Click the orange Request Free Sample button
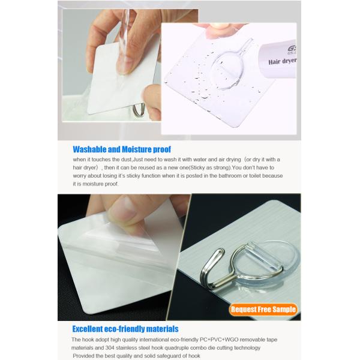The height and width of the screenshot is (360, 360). [x=263, y=309]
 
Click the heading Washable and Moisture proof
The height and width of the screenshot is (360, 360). [x=122, y=149]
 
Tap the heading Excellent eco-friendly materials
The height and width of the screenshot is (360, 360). [x=125, y=329]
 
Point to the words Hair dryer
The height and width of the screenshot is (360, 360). [x=283, y=61]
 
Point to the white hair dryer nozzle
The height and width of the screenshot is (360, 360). [x=278, y=61]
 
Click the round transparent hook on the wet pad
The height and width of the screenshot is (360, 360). [x=228, y=69]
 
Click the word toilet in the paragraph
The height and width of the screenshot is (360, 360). [x=255, y=176]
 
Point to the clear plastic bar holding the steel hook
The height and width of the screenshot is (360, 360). [x=264, y=257]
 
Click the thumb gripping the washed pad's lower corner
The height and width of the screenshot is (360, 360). [x=151, y=101]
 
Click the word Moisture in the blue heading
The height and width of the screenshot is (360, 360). [x=137, y=149]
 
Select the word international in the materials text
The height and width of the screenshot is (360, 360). [x=154, y=340]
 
